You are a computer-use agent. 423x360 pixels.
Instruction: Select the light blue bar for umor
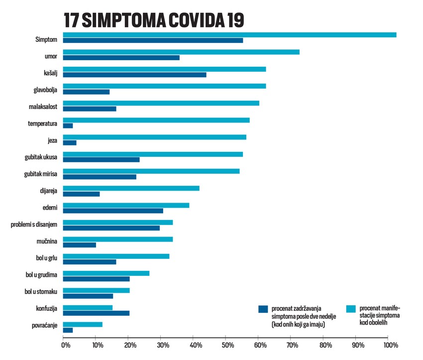pyautogui.click(x=181, y=52)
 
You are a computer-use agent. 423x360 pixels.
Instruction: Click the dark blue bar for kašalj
pyautogui.click(x=134, y=75)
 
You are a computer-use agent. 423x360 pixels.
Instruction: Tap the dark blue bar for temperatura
pyautogui.click(x=68, y=125)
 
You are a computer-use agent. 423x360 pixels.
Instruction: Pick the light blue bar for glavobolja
pyautogui.click(x=164, y=86)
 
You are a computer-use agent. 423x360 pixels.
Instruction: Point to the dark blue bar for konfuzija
pyautogui.click(x=96, y=313)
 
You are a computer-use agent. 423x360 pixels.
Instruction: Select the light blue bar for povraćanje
pyautogui.click(x=83, y=324)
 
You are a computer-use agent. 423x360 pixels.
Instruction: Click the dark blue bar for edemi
pyautogui.click(x=113, y=211)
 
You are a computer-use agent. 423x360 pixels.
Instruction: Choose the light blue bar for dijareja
pyautogui.click(x=131, y=188)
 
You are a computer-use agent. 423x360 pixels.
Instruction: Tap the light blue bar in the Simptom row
pyautogui.click(x=229, y=35)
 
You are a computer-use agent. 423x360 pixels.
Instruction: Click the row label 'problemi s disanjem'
pyautogui.click(x=34, y=225)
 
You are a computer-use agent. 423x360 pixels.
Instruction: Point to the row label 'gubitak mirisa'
pyautogui.click(x=40, y=174)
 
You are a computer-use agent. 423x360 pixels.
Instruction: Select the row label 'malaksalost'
pyautogui.click(x=43, y=106)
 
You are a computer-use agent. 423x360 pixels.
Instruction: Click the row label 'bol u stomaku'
pyautogui.click(x=41, y=293)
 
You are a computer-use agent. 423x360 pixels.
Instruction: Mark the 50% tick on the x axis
pyautogui.click(x=226, y=345)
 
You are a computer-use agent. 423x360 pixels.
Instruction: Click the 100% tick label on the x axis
pyautogui.click(x=390, y=345)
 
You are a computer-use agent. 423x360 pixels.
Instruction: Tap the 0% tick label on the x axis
pyautogui.click(x=63, y=345)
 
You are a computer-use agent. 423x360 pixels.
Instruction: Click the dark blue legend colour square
pyautogui.click(x=263, y=309)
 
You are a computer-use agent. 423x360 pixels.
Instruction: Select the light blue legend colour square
pyautogui.click(x=350, y=309)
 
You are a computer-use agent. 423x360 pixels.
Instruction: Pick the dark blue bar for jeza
pyautogui.click(x=70, y=142)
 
